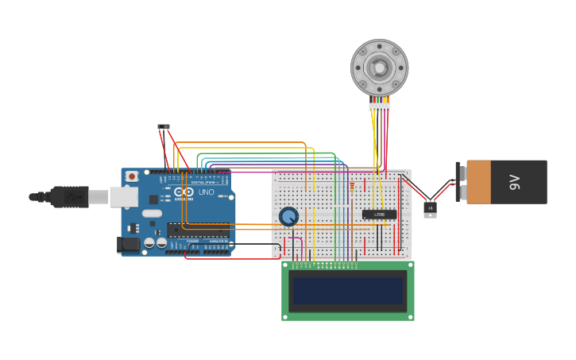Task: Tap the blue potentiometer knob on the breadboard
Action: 288,216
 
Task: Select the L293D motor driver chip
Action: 379,215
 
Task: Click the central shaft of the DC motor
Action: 380,68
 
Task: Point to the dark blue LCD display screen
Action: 348,291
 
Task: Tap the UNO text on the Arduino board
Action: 206,192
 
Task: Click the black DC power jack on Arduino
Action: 127,245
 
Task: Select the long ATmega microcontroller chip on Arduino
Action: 198,230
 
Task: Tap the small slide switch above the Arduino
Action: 164,126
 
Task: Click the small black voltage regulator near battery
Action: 430,209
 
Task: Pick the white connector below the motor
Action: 380,106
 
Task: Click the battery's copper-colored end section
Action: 478,182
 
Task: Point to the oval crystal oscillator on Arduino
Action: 152,213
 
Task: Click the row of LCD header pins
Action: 323,263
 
